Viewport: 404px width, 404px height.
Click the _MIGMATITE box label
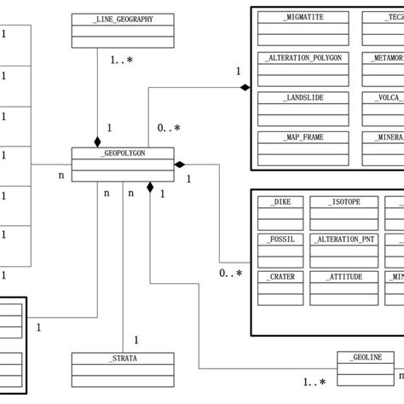point(303,17)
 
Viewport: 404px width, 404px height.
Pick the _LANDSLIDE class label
point(303,97)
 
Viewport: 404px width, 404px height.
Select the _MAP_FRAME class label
point(303,137)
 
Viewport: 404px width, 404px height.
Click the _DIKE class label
point(280,202)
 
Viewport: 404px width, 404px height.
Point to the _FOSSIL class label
point(280,240)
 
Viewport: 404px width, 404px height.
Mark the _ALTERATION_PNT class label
point(343,240)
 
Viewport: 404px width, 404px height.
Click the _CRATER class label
point(280,278)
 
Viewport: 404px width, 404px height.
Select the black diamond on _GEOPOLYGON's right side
point(180,164)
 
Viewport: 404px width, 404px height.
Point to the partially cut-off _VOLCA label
point(388,97)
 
